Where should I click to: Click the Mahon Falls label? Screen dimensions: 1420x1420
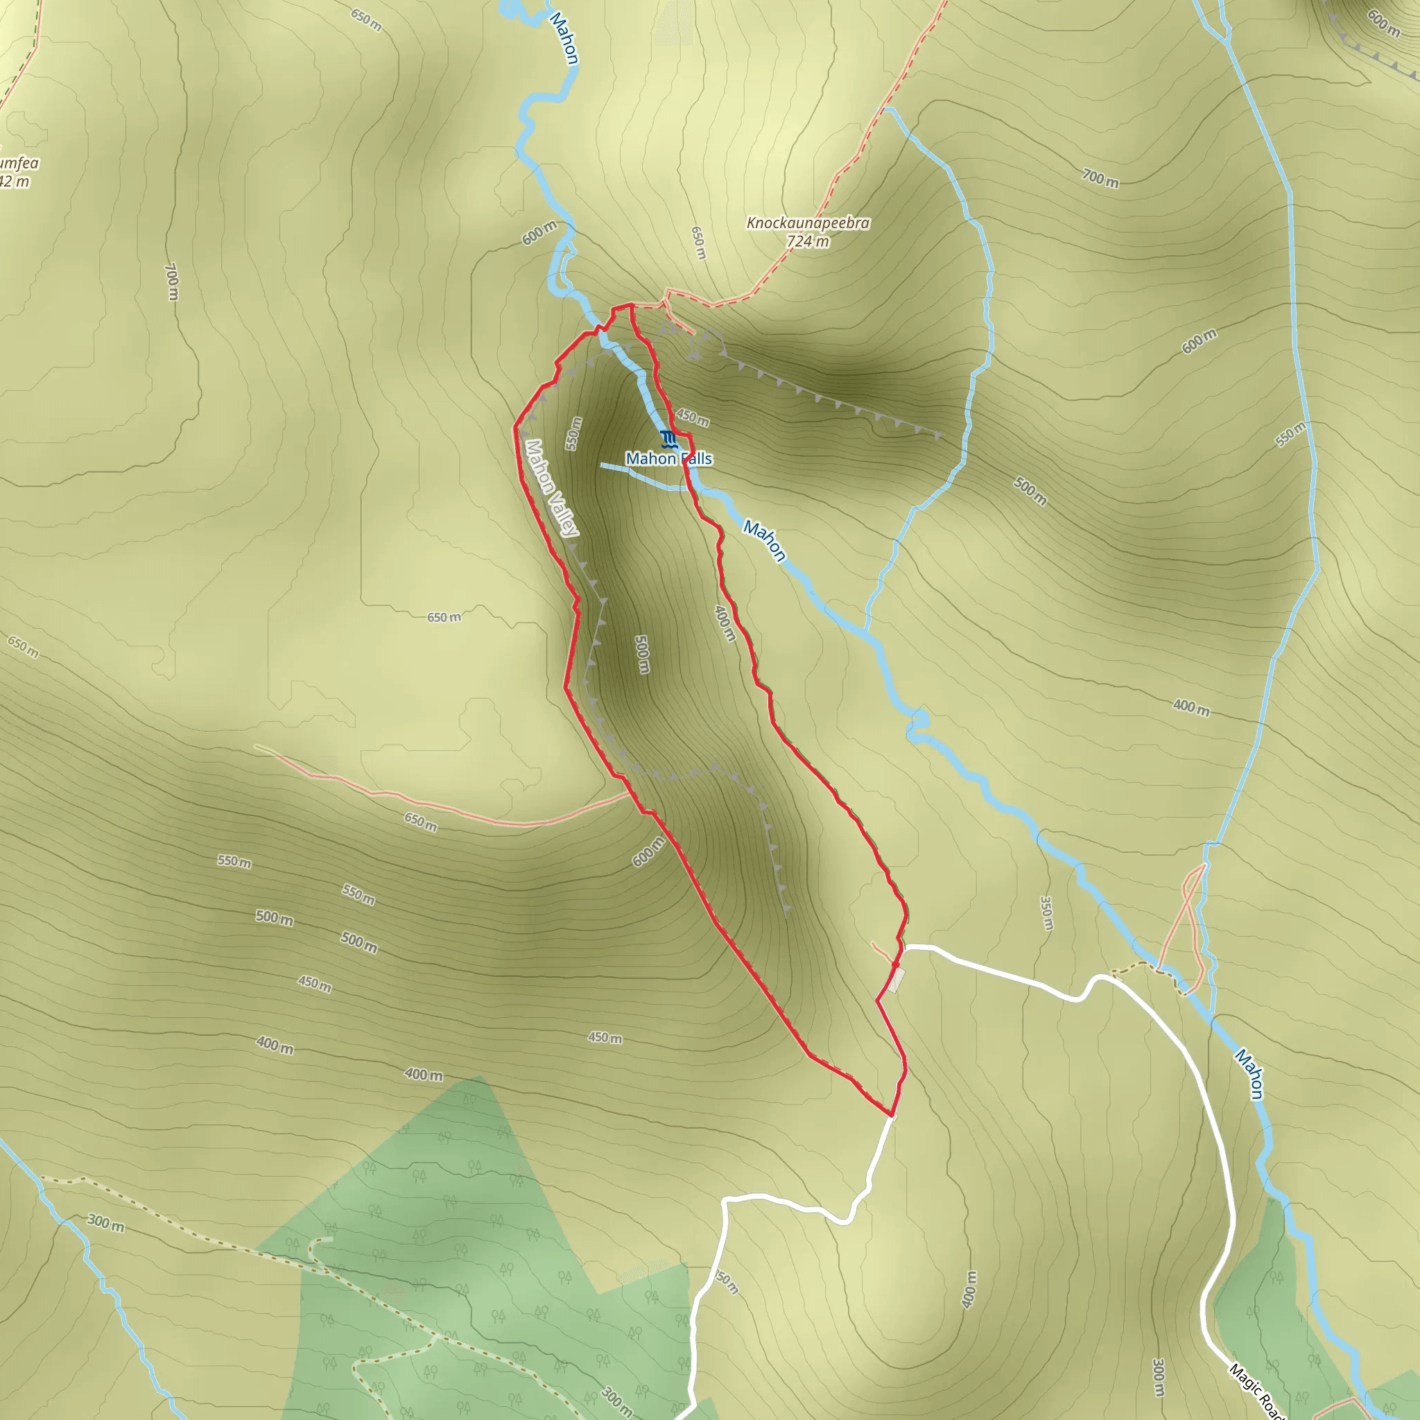[669, 458]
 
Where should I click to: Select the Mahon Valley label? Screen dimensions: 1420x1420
[551, 488]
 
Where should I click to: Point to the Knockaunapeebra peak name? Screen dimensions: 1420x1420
[808, 223]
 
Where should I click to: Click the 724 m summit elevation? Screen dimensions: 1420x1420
[808, 241]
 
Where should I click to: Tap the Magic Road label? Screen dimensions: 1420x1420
[1257, 1392]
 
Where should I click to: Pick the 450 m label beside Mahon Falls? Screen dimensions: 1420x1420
[693, 417]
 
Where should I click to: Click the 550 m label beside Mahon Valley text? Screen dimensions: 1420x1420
[574, 433]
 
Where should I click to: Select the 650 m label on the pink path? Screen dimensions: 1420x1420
[420, 822]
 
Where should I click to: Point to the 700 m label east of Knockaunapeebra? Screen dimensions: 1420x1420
[1100, 178]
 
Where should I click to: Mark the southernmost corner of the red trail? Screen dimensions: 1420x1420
[892, 1116]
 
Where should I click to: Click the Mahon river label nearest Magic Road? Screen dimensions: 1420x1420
[1249, 1074]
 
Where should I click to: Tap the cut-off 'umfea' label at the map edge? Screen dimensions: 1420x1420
[19, 163]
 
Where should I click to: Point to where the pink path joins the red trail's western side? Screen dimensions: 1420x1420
[629, 794]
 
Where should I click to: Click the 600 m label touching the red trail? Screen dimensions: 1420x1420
[648, 851]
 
